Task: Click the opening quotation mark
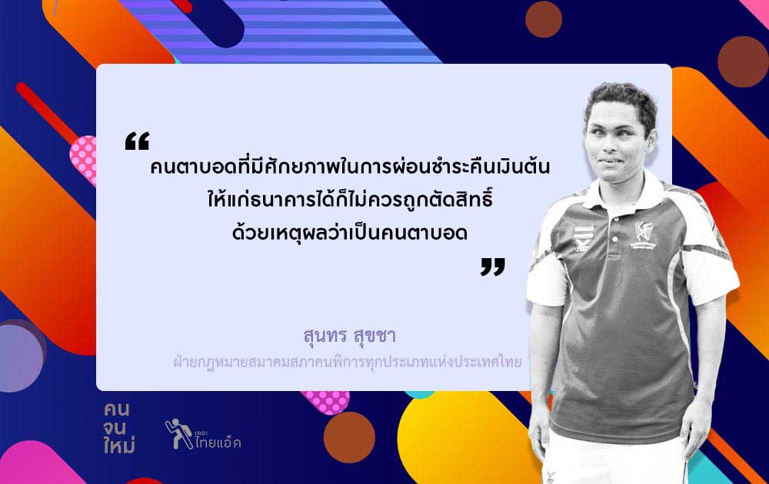tap(137, 141)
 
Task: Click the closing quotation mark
tap(492, 267)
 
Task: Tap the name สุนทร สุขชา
tap(349, 336)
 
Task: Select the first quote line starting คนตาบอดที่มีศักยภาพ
tap(350, 166)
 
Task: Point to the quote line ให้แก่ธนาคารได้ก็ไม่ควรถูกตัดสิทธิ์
tap(350, 199)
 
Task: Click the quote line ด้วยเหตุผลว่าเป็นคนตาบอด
tap(350, 232)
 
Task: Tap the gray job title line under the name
tap(348, 362)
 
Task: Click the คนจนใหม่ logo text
tap(118, 428)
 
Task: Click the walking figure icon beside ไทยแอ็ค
tap(178, 433)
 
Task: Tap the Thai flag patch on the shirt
tap(583, 231)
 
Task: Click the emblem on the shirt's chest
tap(644, 234)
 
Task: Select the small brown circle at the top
tap(544, 19)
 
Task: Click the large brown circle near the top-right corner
tap(743, 61)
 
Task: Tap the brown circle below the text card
tap(349, 437)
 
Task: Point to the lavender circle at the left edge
tap(21, 357)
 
